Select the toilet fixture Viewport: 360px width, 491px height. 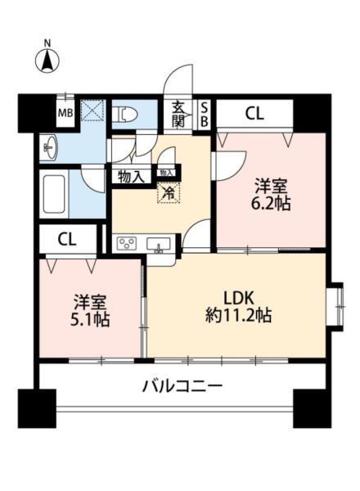[x=125, y=115]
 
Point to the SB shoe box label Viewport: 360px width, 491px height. [x=205, y=114]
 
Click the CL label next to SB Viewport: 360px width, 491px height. [x=254, y=115]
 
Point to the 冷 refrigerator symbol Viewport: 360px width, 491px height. [x=168, y=194]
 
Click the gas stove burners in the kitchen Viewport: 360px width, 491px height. [x=129, y=242]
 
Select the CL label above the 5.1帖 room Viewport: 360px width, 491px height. [x=66, y=239]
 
